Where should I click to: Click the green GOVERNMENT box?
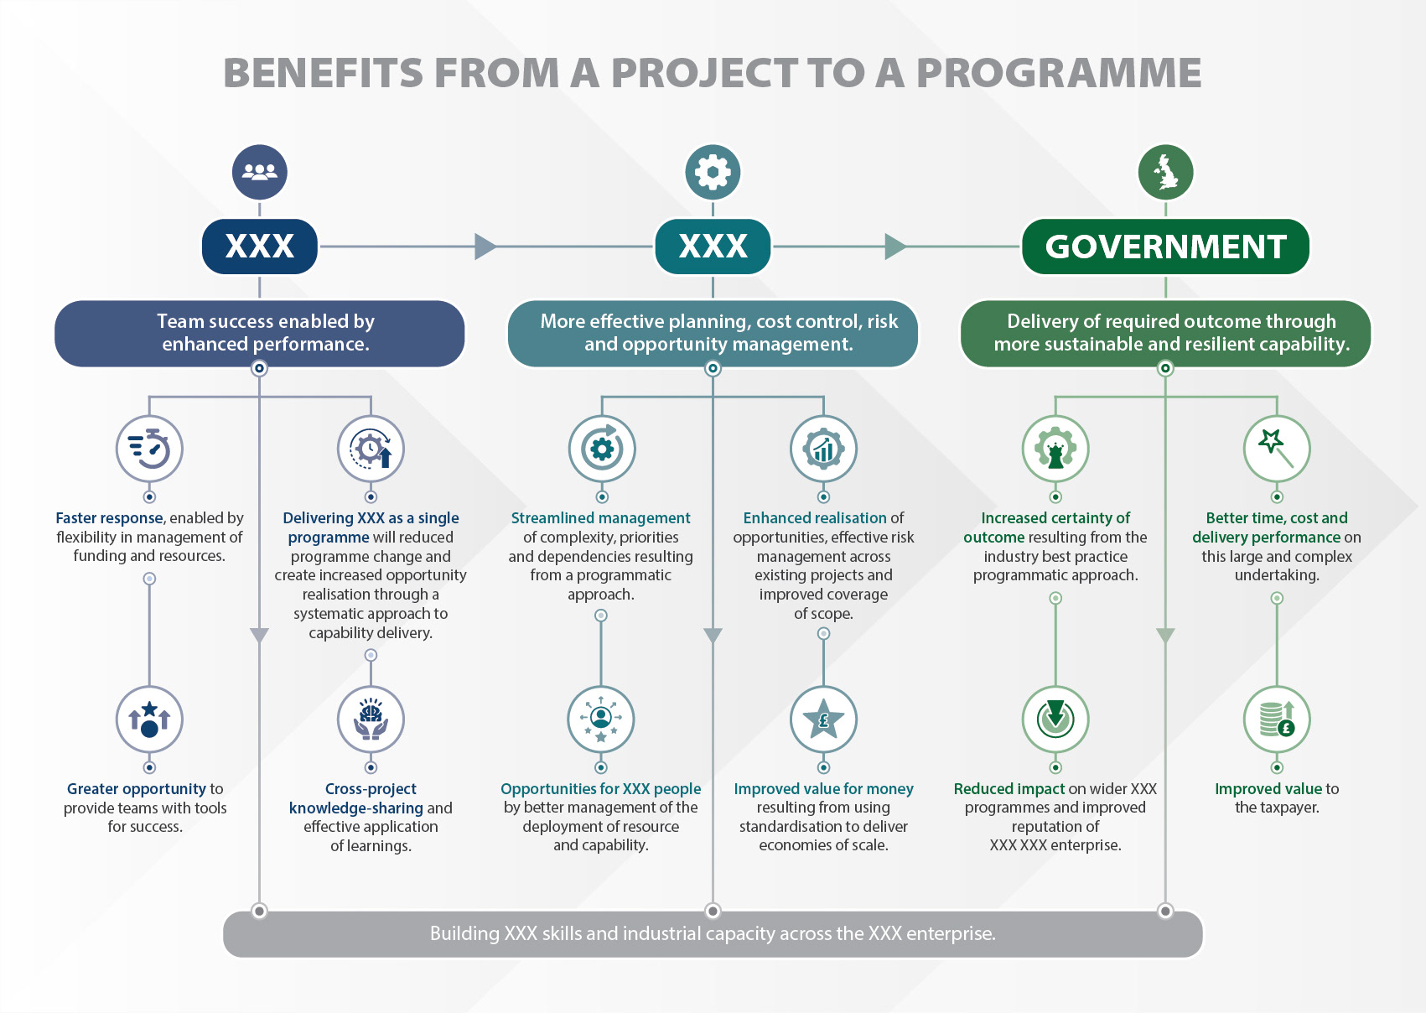pyautogui.click(x=1165, y=247)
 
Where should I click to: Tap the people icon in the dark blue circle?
pyautogui.click(x=260, y=172)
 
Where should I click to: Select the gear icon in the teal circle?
pyautogui.click(x=713, y=172)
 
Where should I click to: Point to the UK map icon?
pyautogui.click(x=1165, y=172)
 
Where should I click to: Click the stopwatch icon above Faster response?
pyautogui.click(x=149, y=449)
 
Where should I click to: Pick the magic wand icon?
pyautogui.click(x=1277, y=449)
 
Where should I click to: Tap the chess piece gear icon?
pyautogui.click(x=1055, y=449)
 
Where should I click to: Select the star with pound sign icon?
pyautogui.click(x=823, y=719)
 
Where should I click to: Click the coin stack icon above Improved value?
pyautogui.click(x=1277, y=719)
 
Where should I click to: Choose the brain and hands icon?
pyautogui.click(x=371, y=719)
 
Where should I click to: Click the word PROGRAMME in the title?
pyautogui.click(x=1059, y=73)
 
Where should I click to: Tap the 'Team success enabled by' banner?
pyautogui.click(x=260, y=333)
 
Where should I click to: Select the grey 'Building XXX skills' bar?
pyautogui.click(x=713, y=933)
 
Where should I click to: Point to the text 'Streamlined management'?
pyautogui.click(x=600, y=518)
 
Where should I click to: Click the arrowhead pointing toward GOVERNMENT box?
pyautogui.click(x=895, y=247)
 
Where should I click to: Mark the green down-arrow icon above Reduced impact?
pyautogui.click(x=1055, y=719)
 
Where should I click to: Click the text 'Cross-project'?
pyautogui.click(x=371, y=789)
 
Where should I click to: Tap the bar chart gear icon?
pyautogui.click(x=823, y=449)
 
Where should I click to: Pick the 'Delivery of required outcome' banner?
pyautogui.click(x=1165, y=333)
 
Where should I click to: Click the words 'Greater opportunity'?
pyautogui.click(x=137, y=789)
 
